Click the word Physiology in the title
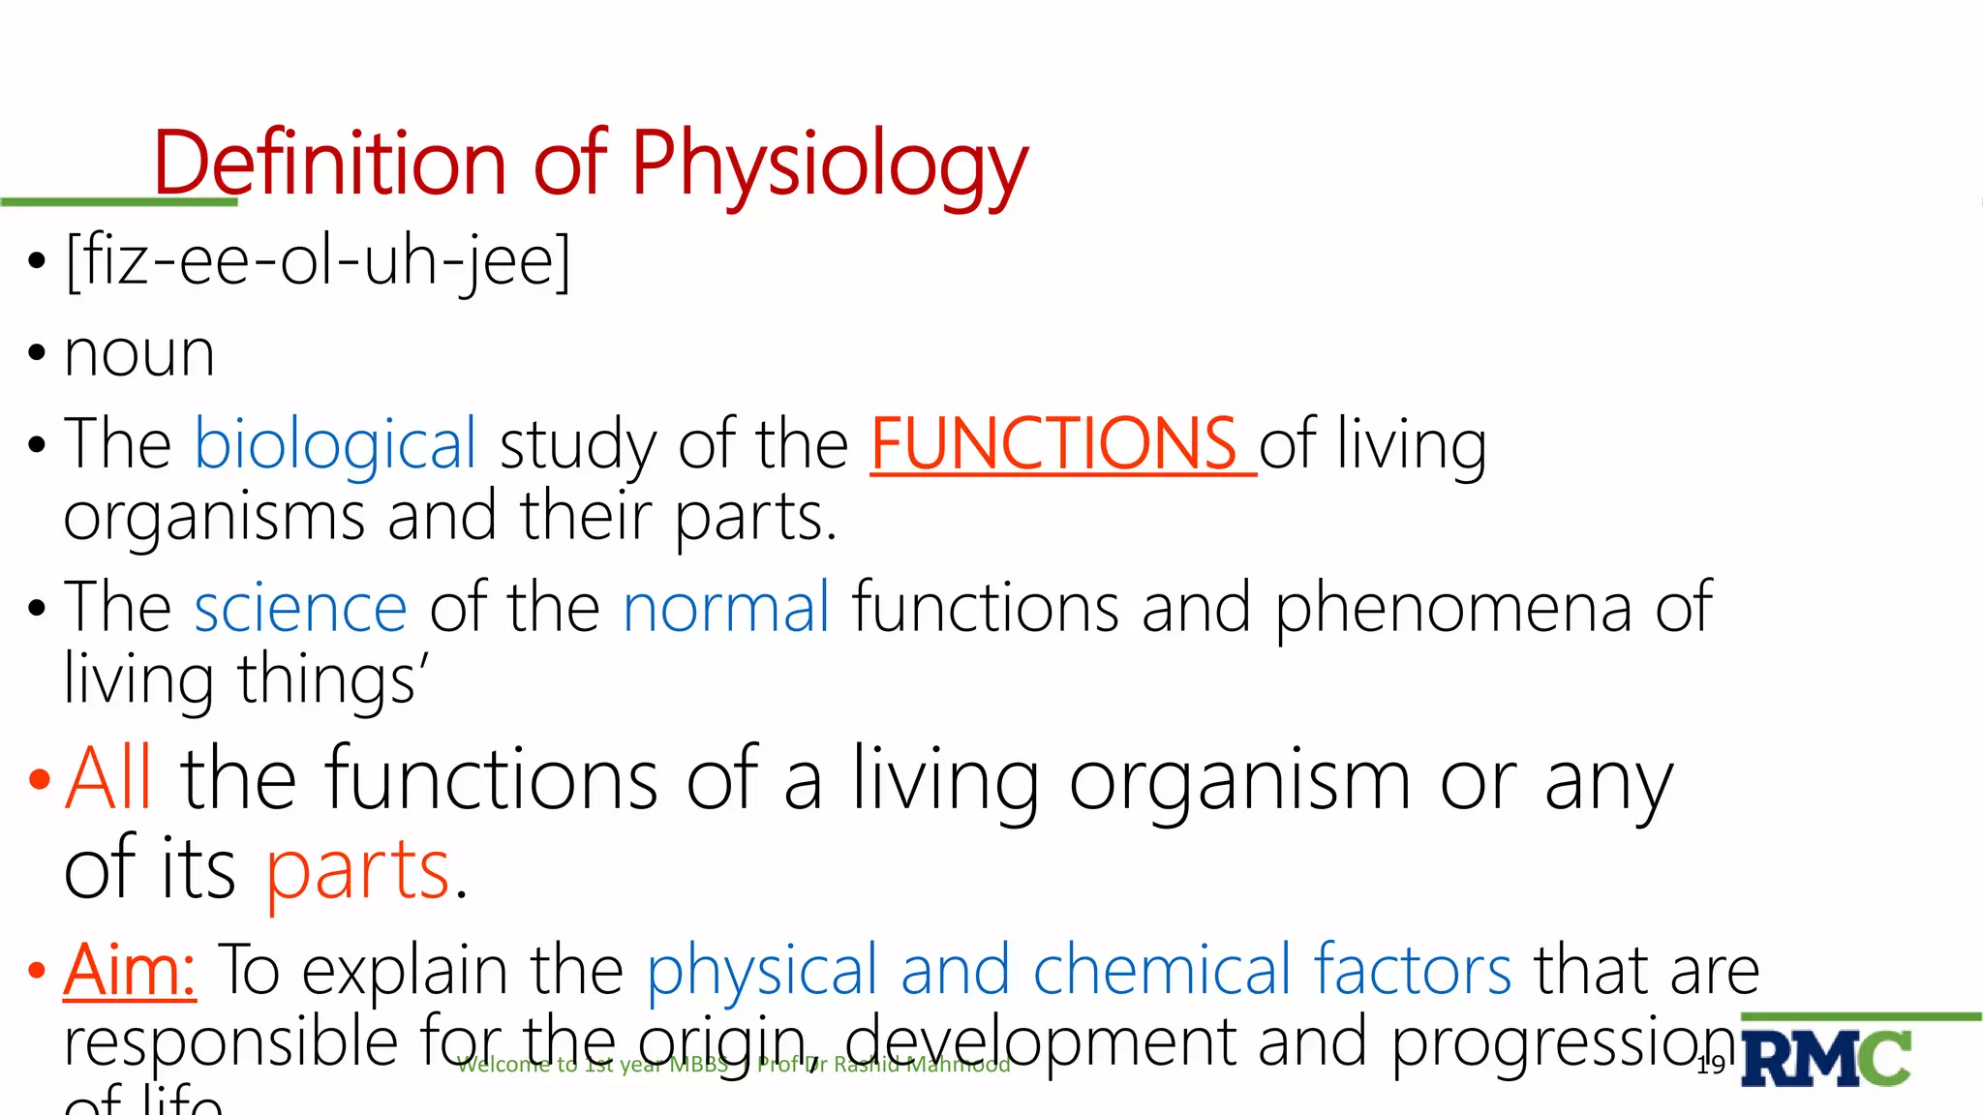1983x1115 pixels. [x=829, y=165]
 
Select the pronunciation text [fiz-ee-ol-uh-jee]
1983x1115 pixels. [x=318, y=261]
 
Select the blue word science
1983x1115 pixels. [x=300, y=608]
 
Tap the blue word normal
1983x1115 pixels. [x=726, y=608]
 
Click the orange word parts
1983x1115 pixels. [x=358, y=869]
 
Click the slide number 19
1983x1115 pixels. [x=1711, y=1065]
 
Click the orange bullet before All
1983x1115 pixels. [x=39, y=779]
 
